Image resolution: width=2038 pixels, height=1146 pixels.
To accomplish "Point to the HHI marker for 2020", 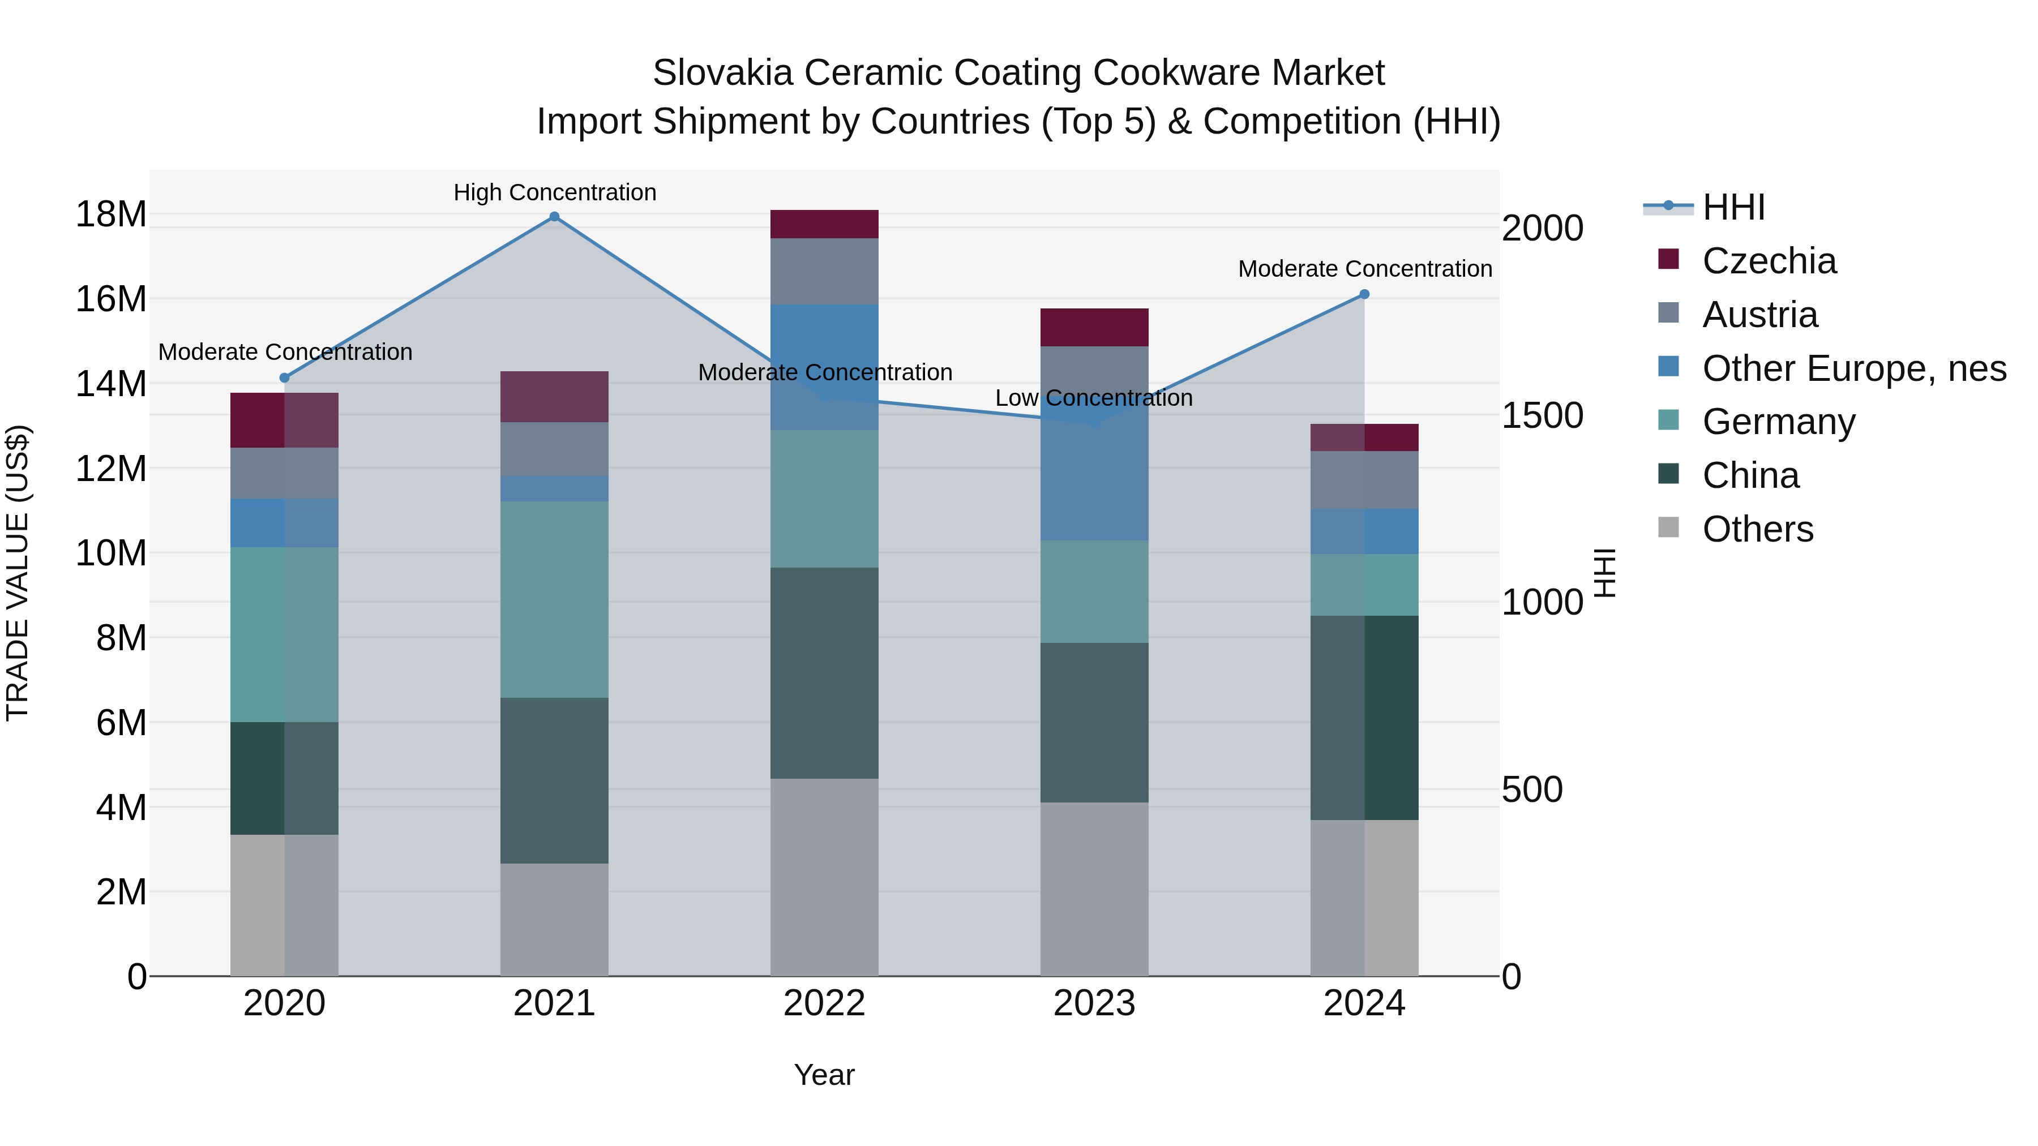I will click(x=285, y=378).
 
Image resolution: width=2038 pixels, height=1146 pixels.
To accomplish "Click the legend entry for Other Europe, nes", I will click(x=1853, y=368).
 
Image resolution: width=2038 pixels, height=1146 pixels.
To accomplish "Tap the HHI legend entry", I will click(x=1733, y=207).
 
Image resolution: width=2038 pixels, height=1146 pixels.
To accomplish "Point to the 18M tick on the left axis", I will click(x=111, y=214).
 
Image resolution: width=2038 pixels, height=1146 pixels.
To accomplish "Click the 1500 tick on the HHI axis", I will click(x=1542, y=415).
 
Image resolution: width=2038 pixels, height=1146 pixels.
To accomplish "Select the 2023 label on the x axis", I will click(x=1094, y=1003).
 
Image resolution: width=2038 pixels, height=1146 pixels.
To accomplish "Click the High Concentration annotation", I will click(x=555, y=192).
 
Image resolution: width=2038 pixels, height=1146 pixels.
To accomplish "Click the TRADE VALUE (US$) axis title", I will click(x=18, y=573).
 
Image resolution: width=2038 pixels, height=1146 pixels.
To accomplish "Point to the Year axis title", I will click(x=824, y=1075).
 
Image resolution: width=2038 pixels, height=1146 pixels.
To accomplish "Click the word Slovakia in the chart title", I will click(x=722, y=73).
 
